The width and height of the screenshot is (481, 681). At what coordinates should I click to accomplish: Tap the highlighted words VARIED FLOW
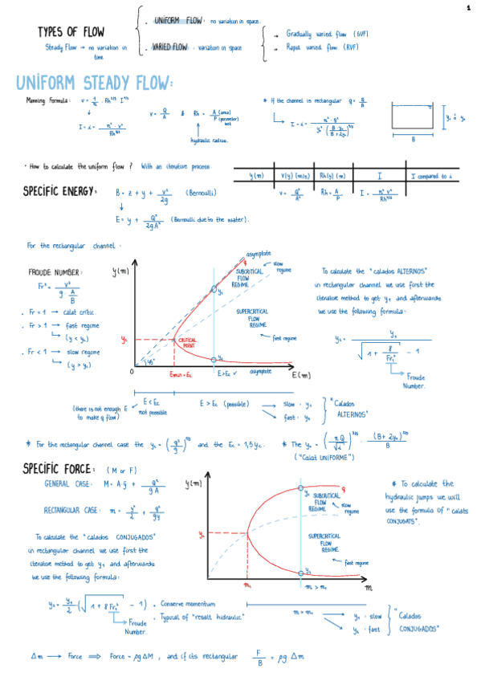(x=169, y=47)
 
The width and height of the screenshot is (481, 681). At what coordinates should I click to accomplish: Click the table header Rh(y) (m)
(x=332, y=175)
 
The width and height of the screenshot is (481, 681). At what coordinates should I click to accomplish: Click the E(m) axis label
(x=301, y=375)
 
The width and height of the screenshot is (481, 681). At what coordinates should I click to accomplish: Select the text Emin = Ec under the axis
(x=182, y=373)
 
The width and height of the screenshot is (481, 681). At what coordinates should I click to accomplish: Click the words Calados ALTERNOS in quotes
(x=349, y=409)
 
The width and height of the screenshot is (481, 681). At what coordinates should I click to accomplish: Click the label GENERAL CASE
(x=67, y=483)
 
